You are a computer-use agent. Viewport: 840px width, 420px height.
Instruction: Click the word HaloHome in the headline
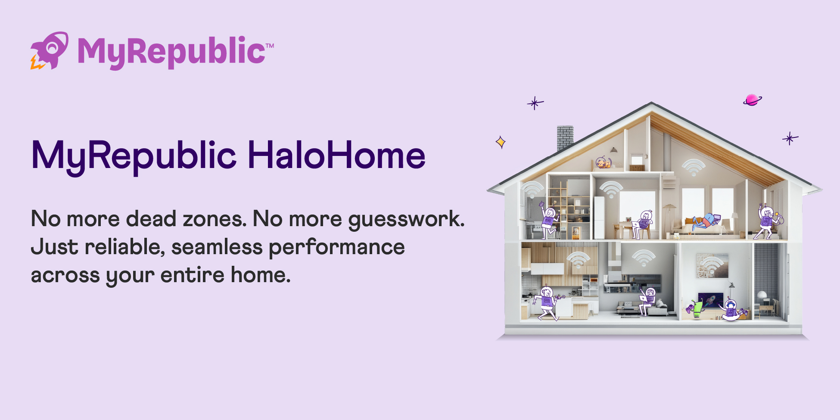(336, 155)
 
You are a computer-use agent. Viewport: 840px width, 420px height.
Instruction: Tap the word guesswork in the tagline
(406, 219)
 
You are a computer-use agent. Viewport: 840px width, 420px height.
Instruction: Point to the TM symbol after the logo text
(270, 45)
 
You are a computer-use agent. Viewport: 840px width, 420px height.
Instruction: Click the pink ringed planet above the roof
(752, 100)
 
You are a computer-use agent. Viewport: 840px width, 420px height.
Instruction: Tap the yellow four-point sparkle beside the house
(501, 142)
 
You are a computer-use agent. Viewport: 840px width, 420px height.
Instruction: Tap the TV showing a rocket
(710, 299)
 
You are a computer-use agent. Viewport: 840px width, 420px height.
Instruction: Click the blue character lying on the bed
(706, 221)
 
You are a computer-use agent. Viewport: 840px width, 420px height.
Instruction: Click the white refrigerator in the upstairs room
(599, 217)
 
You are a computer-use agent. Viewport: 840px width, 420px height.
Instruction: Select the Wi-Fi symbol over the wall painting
(712, 263)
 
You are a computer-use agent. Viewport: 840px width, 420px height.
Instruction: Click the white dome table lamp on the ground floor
(762, 295)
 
